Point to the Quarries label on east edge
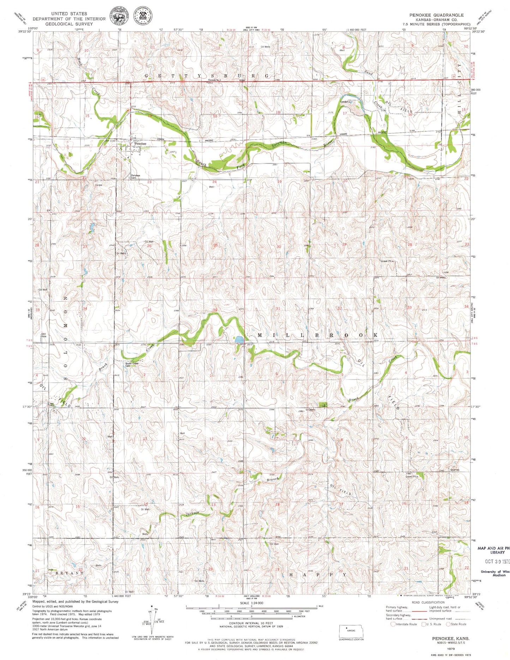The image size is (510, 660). (x=455, y=470)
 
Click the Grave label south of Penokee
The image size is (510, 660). (x=98, y=185)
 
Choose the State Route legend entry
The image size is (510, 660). (x=457, y=624)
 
